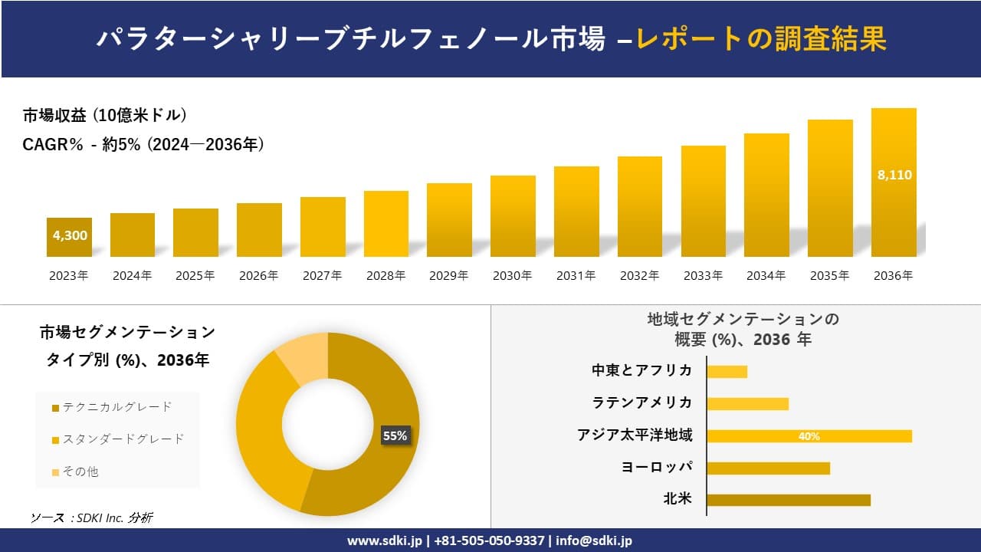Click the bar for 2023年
click(69, 238)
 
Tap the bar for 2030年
click(513, 216)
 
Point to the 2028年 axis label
click(386, 276)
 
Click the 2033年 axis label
click(703, 276)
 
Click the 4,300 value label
click(70, 235)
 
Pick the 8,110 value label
click(894, 175)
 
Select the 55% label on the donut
click(395, 435)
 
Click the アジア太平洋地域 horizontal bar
click(809, 436)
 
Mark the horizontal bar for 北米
click(789, 500)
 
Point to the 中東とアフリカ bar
click(727, 372)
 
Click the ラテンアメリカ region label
click(641, 402)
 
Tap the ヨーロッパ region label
click(657, 467)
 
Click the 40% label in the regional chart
click(809, 436)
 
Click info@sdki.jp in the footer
click(594, 540)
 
